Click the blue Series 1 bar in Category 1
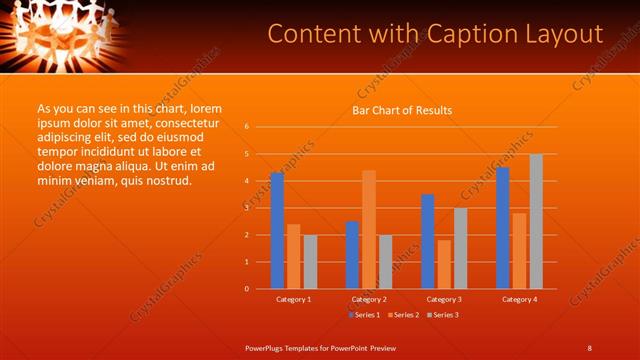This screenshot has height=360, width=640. (277, 230)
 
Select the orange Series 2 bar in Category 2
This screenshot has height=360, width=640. (369, 229)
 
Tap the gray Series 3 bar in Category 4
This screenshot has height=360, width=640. (536, 221)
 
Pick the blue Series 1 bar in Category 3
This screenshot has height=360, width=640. (428, 241)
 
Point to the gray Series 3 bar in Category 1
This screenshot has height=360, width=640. (310, 261)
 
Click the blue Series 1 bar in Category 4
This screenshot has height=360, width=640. (502, 227)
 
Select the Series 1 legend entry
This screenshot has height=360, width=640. (365, 315)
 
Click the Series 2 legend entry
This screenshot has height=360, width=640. (403, 315)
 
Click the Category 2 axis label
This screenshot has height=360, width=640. (369, 299)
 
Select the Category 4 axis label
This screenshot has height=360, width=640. (519, 299)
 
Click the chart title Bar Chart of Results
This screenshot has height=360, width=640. (402, 110)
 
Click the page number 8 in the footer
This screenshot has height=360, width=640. (590, 347)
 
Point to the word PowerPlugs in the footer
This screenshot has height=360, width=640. (266, 347)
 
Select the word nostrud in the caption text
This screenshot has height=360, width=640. (168, 181)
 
